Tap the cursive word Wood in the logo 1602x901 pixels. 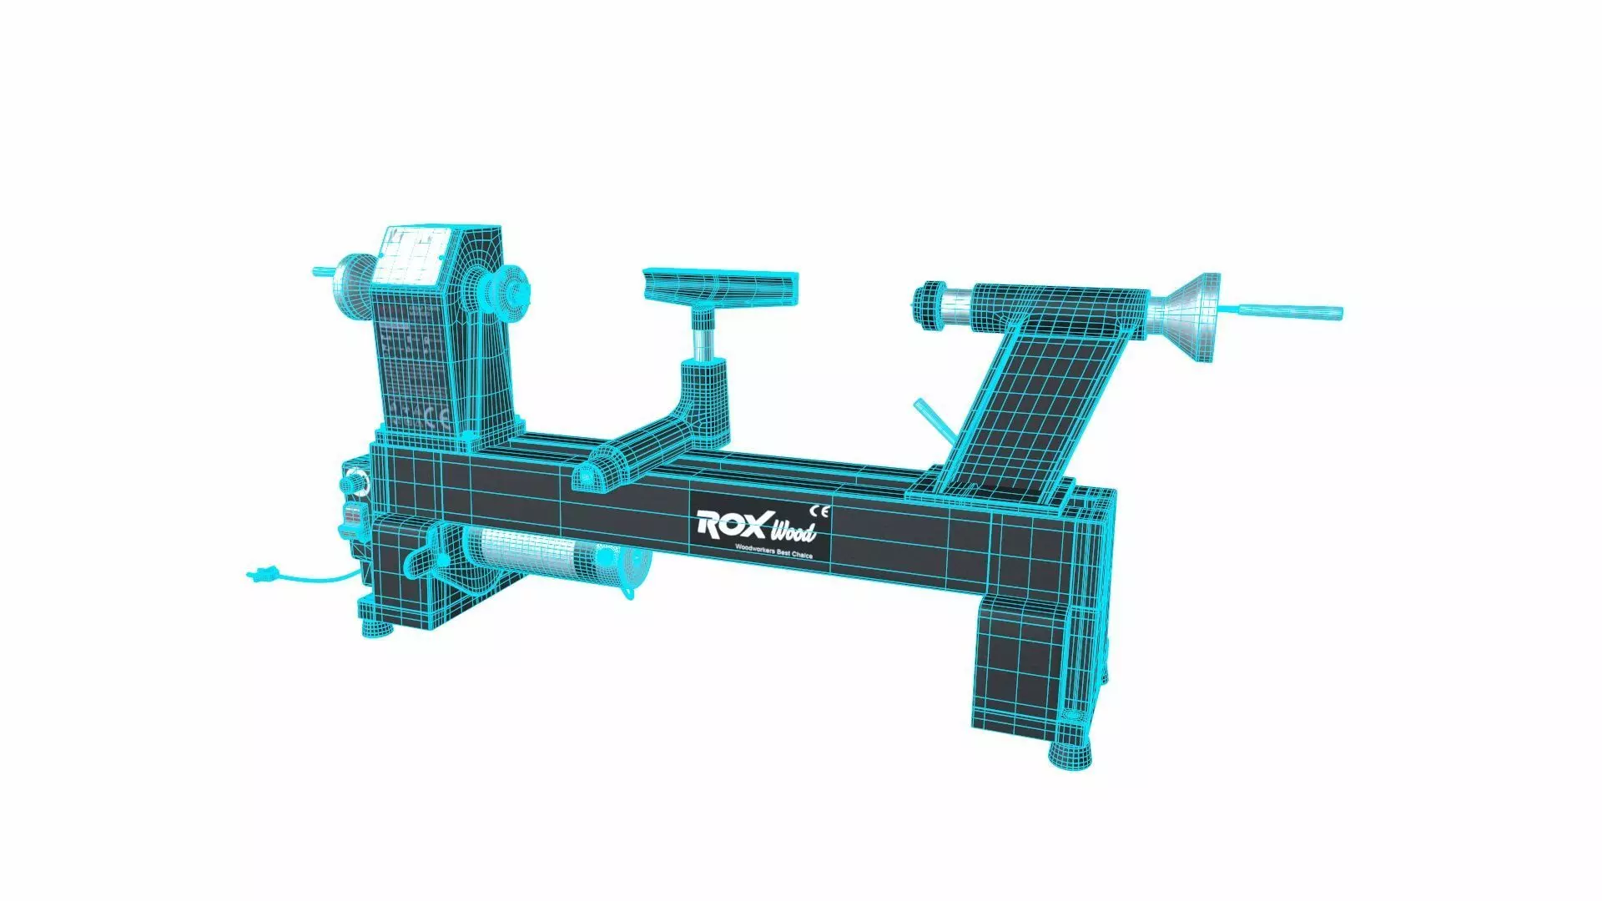pyautogui.click(x=792, y=531)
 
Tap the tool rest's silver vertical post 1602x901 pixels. pyautogui.click(x=704, y=339)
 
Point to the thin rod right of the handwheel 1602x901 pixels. pyautogui.click(x=1289, y=312)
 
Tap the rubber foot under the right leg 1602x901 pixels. pyautogui.click(x=1071, y=753)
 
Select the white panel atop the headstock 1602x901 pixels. pyautogui.click(x=411, y=254)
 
